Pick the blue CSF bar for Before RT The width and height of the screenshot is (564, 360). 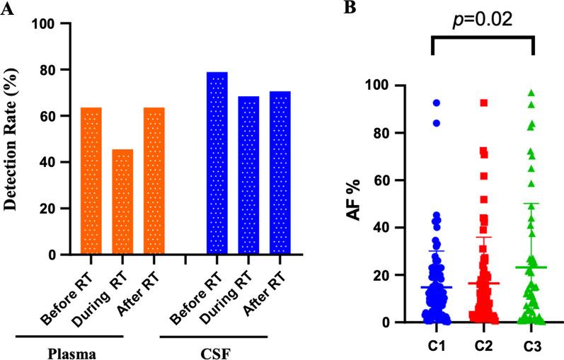point(217,163)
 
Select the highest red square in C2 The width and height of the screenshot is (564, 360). point(484,103)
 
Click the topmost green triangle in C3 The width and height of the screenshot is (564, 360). point(531,93)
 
